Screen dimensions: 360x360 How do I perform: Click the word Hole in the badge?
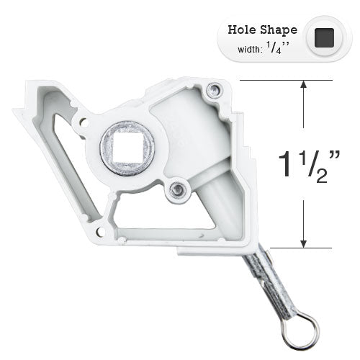point(243,30)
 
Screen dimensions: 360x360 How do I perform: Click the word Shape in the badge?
point(279,30)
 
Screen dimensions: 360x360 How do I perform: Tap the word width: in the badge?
point(249,50)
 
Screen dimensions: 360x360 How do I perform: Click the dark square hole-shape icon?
point(324,37)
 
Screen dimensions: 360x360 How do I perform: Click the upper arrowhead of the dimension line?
point(304,84)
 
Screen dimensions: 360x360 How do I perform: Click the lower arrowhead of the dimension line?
point(304,243)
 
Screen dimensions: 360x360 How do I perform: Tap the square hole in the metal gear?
point(127,147)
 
